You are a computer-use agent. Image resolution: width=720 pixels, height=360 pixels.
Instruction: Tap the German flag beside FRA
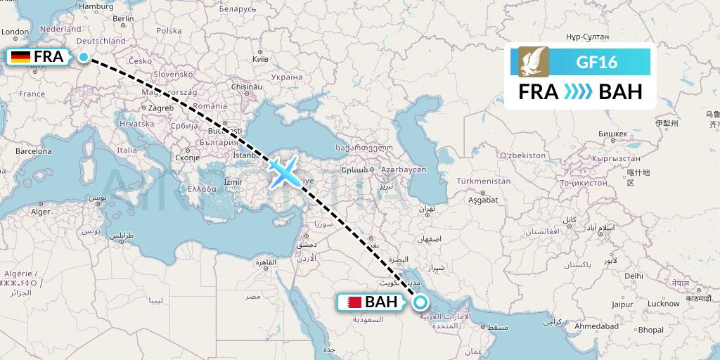21,57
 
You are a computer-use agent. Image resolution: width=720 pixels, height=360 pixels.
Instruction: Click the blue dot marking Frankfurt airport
83,58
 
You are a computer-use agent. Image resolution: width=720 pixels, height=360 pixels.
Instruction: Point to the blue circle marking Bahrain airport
420,303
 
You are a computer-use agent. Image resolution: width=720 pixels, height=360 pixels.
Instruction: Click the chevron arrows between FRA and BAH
579,92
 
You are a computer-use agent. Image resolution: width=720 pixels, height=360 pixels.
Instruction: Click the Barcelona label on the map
34,151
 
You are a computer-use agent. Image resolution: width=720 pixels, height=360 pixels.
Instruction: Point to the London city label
15,32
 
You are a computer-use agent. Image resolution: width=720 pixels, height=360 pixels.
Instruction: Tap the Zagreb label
161,108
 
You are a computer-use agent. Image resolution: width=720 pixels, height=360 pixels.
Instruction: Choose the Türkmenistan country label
484,181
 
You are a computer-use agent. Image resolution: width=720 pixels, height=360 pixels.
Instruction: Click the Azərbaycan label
404,171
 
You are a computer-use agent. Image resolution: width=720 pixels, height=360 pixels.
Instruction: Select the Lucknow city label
664,304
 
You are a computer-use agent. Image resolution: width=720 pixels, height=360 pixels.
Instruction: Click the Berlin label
124,19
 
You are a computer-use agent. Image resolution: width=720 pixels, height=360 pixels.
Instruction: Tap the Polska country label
169,31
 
